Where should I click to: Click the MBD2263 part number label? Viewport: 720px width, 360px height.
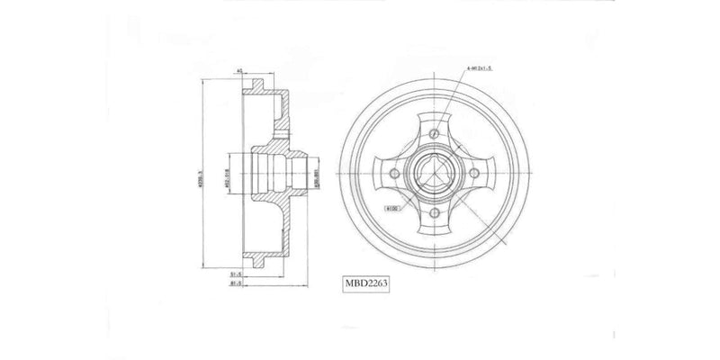pos(364,281)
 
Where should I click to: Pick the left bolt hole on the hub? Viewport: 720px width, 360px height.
pos(394,174)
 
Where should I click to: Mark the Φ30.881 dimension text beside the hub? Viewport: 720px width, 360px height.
pos(316,174)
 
